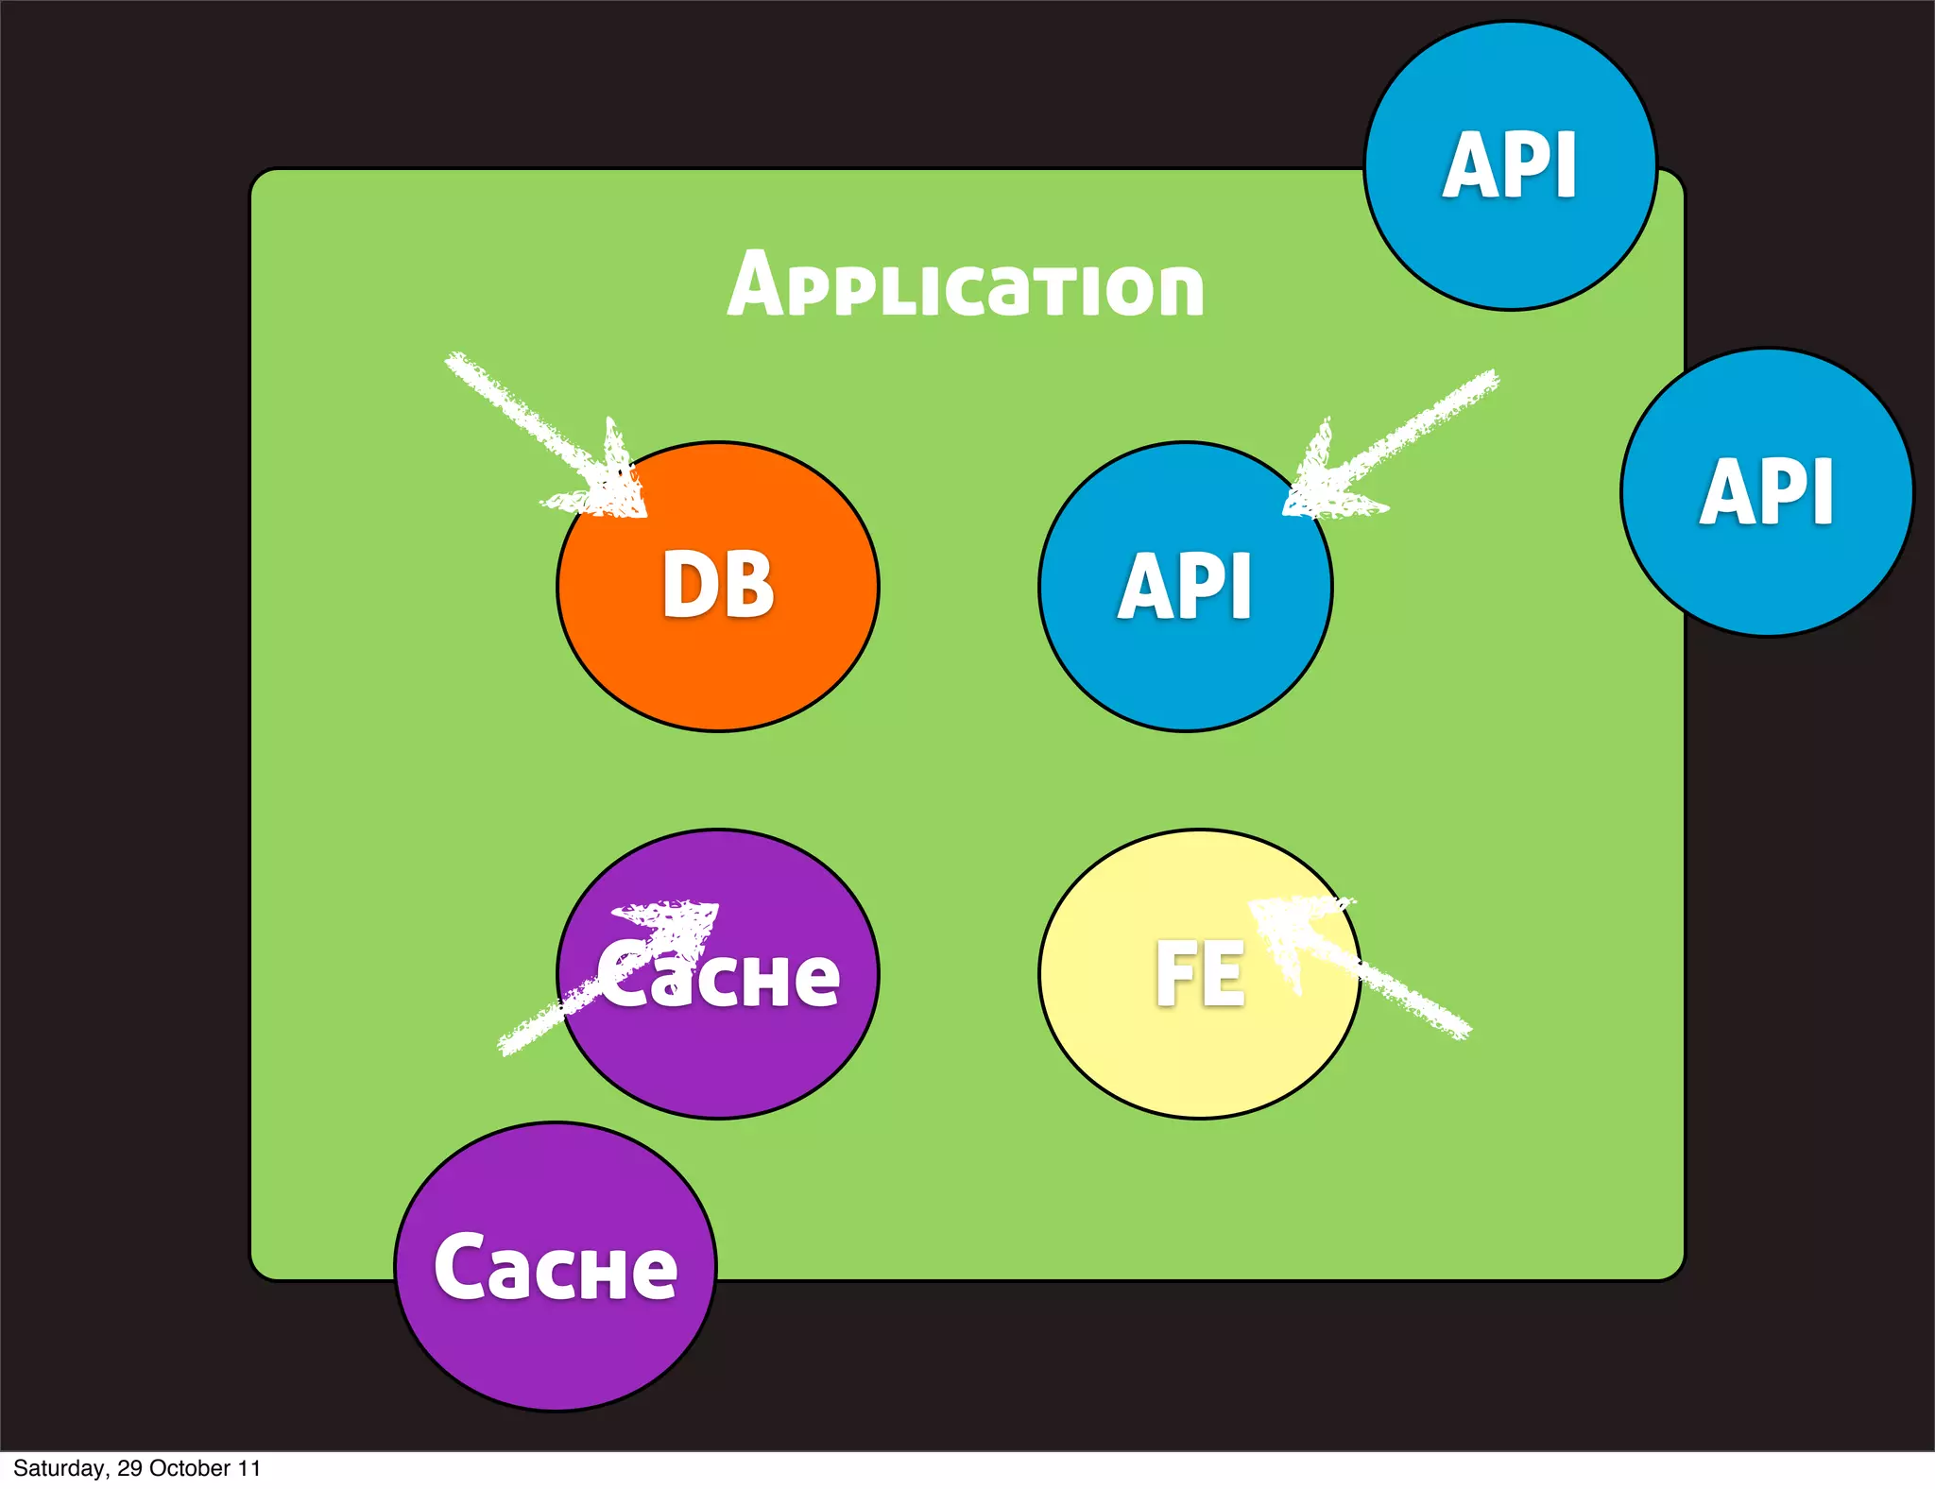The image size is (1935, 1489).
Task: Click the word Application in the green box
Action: [x=966, y=286]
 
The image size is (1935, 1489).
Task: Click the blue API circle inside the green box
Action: [x=1185, y=642]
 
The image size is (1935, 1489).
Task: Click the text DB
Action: [x=718, y=586]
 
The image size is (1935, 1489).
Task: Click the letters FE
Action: [x=1200, y=974]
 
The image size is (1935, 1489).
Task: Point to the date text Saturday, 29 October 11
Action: [x=136, y=1468]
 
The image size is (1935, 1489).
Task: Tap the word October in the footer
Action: [x=190, y=1468]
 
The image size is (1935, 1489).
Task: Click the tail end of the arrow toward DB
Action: [x=458, y=364]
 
